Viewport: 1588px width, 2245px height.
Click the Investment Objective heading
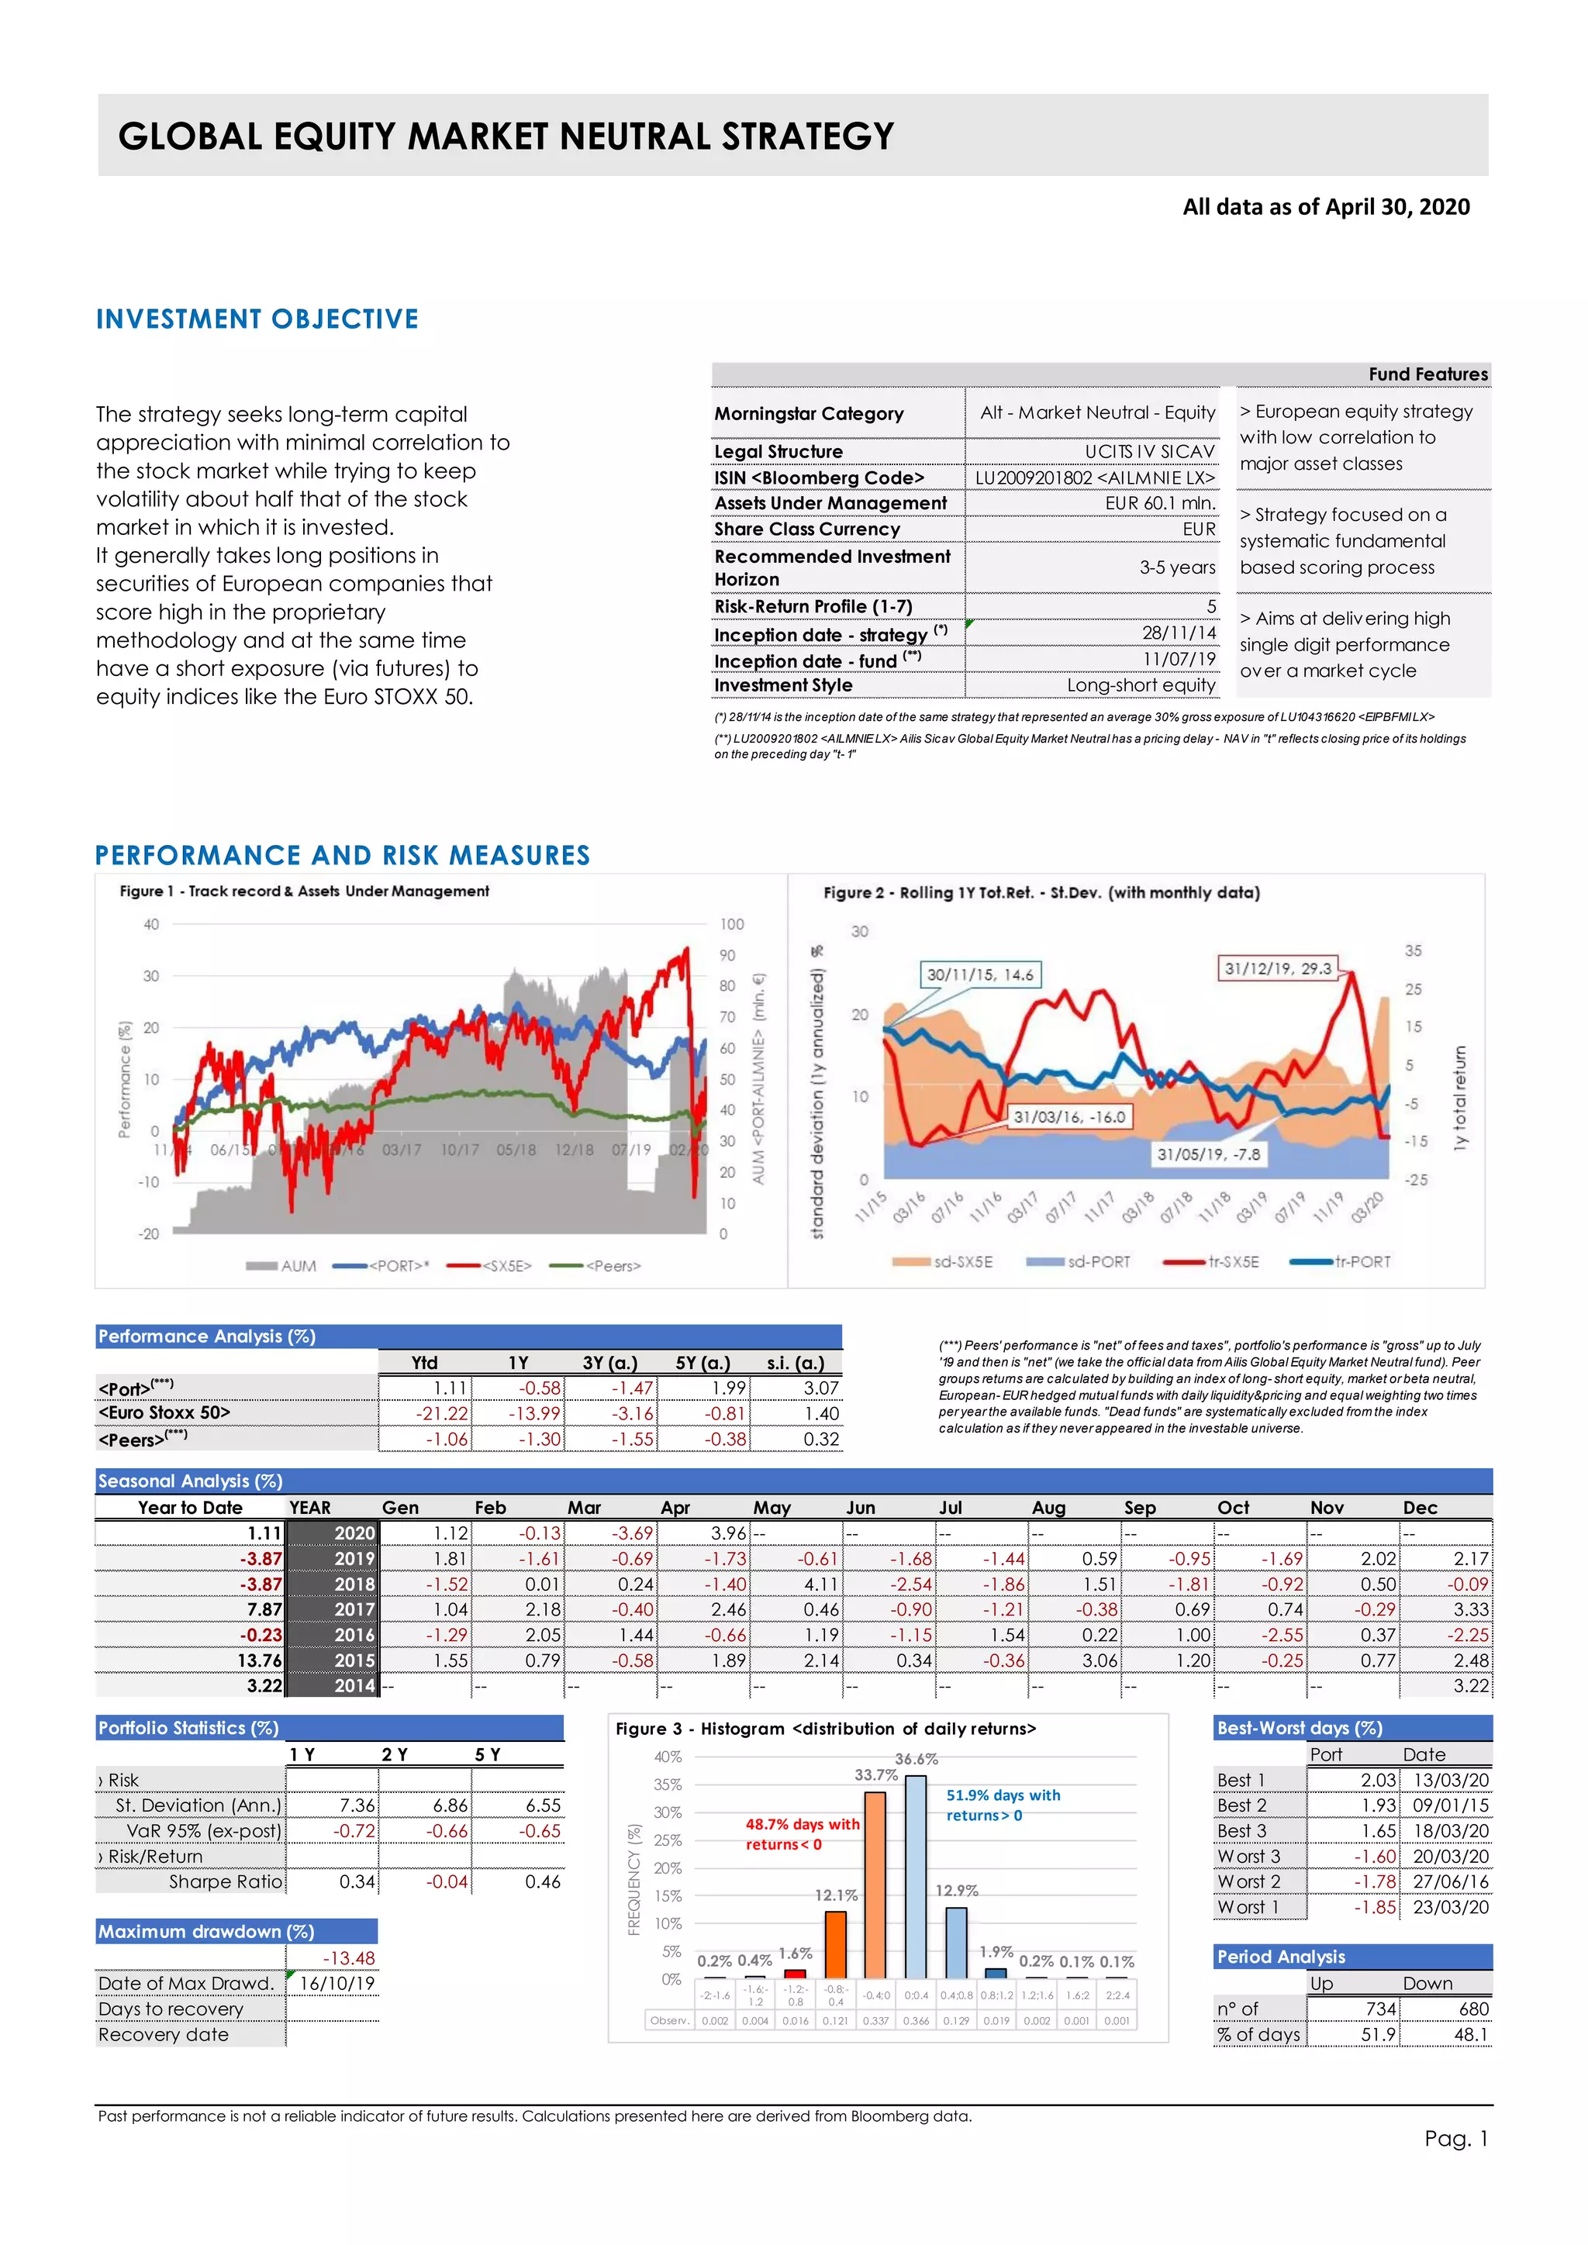tap(257, 319)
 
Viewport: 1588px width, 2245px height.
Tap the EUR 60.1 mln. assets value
tap(1161, 502)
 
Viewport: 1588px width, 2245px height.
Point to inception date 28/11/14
tap(1179, 633)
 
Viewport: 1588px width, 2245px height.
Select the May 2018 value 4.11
tap(820, 1584)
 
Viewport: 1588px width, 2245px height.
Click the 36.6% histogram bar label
tap(917, 1759)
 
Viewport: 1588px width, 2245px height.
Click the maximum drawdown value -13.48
tap(348, 1957)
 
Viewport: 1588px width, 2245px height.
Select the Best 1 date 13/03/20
tap(1450, 1781)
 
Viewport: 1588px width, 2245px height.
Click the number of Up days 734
tap(1381, 2009)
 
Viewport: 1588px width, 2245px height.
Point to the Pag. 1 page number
tap(1455, 2139)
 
